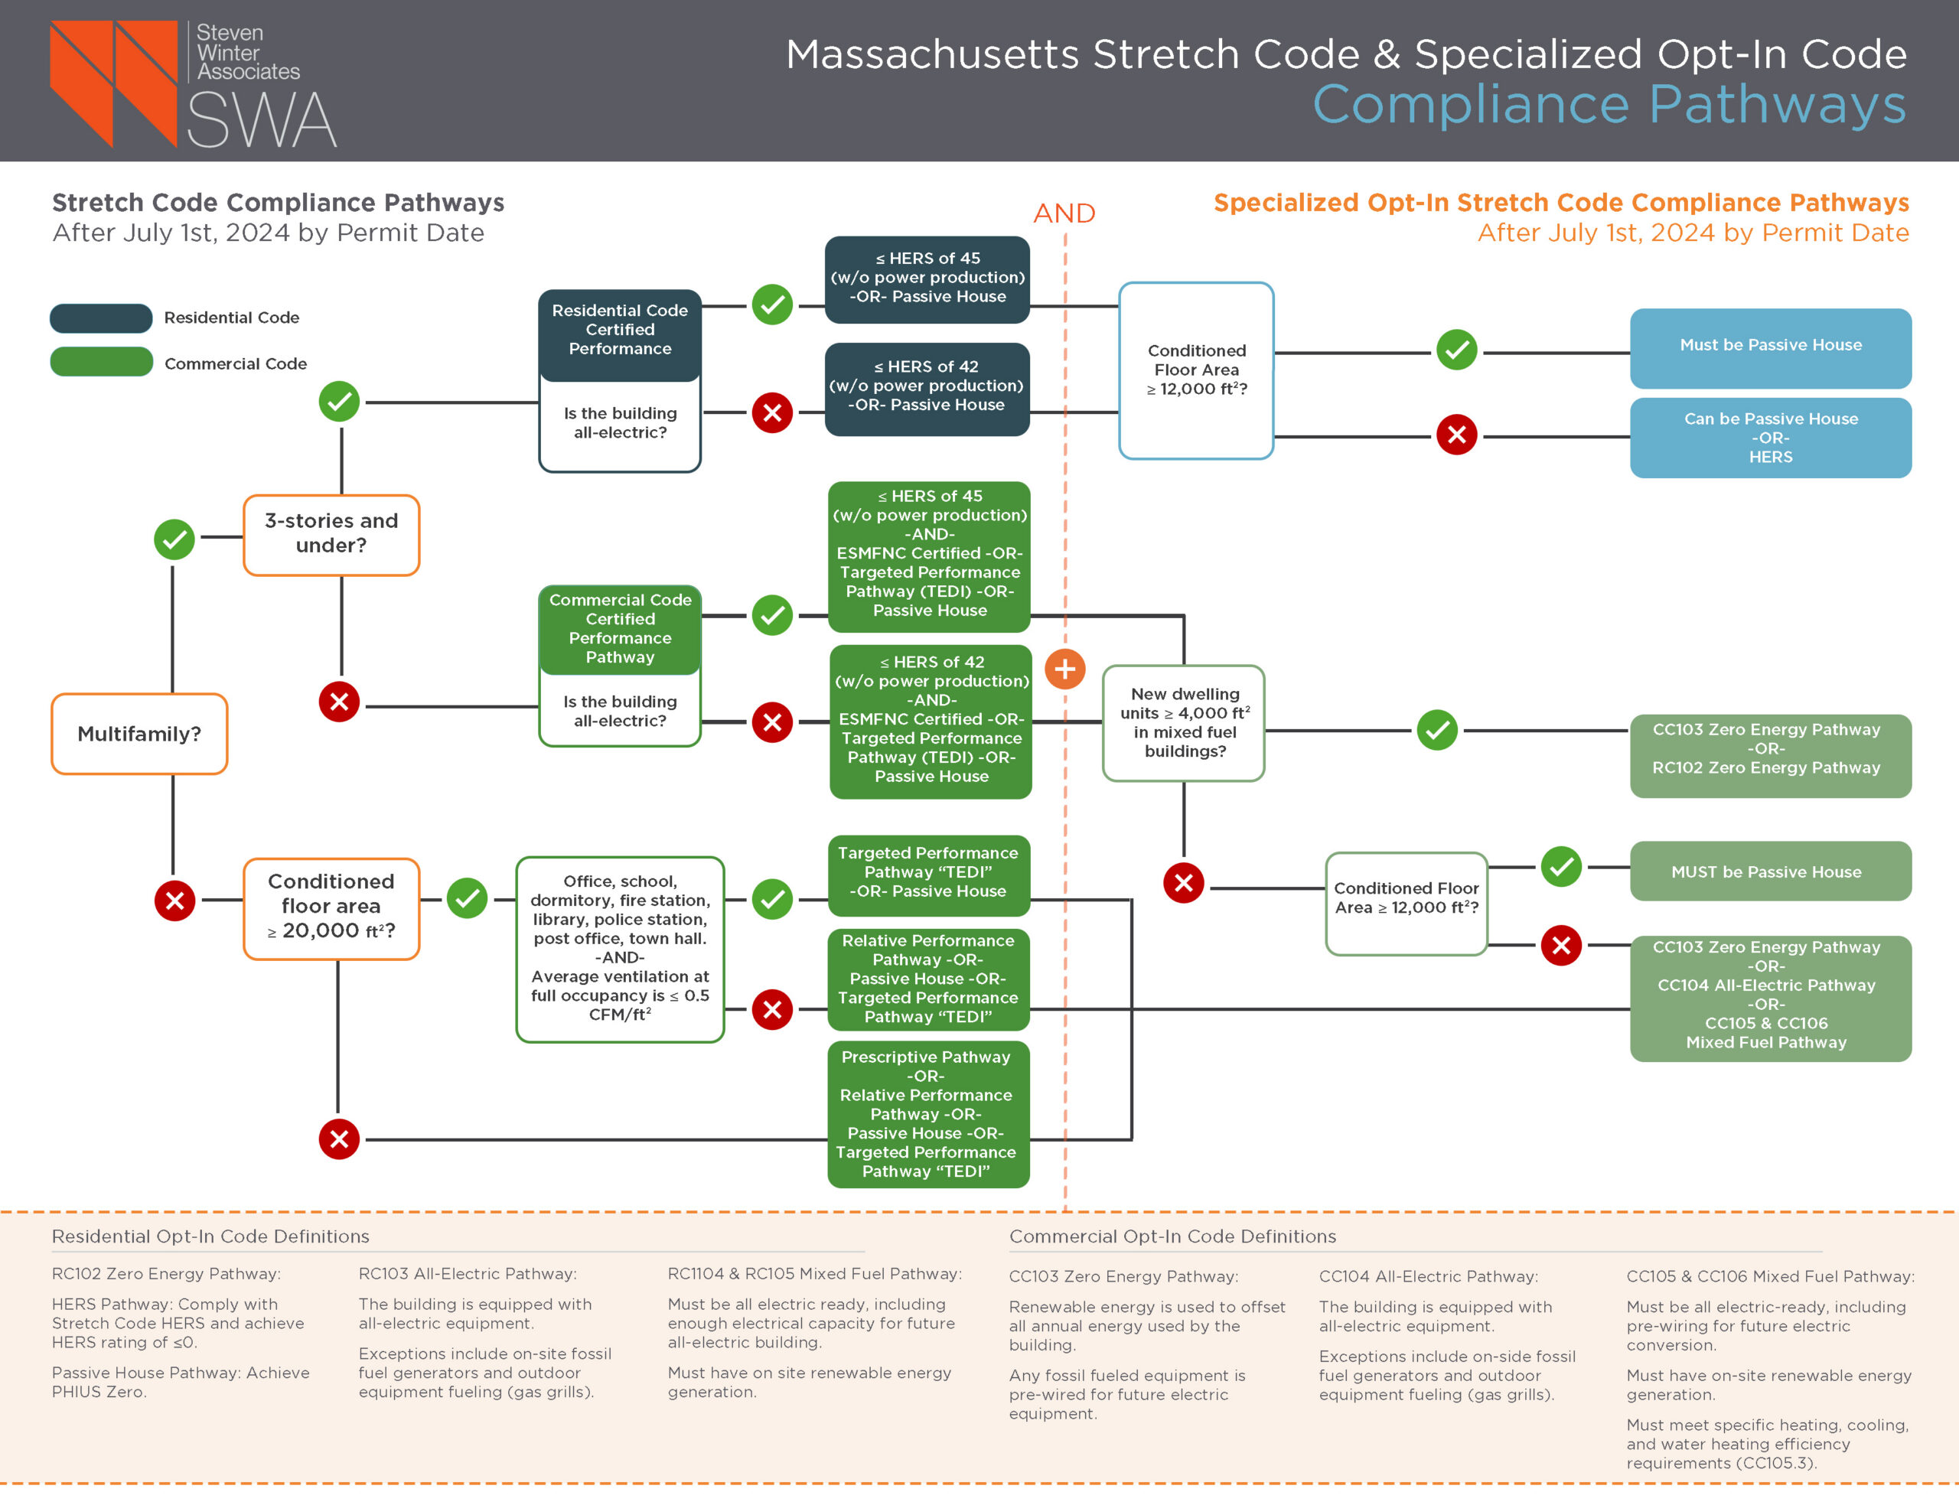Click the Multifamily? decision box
pyautogui.click(x=139, y=734)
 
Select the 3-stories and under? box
pyautogui.click(x=331, y=535)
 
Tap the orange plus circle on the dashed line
pyautogui.click(x=1064, y=668)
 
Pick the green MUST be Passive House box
pyautogui.click(x=1769, y=871)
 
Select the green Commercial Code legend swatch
pyautogui.click(x=101, y=362)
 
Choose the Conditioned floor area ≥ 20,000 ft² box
pyautogui.click(x=331, y=907)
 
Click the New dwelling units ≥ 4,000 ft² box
pyautogui.click(x=1183, y=722)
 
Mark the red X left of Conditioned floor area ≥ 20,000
pyautogui.click(x=174, y=900)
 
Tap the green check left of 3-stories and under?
pyautogui.click(x=174, y=539)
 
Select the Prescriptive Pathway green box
pyautogui.click(x=927, y=1113)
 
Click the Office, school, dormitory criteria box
pyautogui.click(x=619, y=949)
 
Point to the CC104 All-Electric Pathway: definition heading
pyautogui.click(x=1427, y=1275)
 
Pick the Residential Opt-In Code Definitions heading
pyautogui.click(x=210, y=1236)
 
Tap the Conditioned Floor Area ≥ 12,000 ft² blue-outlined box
pyautogui.click(x=1196, y=370)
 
